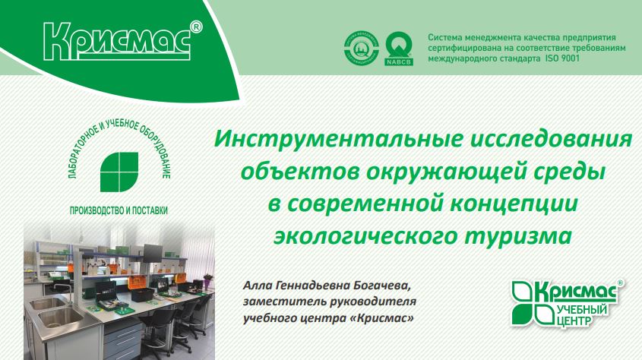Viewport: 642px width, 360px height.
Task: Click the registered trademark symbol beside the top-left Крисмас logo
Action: point(196,27)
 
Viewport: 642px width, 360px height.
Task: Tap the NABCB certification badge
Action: point(399,49)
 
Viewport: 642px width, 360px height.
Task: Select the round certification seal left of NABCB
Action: point(361,49)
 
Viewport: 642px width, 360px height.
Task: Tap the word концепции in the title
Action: point(514,204)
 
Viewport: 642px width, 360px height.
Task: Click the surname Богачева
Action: point(381,285)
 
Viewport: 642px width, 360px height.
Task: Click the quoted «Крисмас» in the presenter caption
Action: point(382,318)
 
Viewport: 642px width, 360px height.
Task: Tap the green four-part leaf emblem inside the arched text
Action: point(119,172)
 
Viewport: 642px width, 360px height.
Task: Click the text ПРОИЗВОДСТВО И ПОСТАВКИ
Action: point(119,210)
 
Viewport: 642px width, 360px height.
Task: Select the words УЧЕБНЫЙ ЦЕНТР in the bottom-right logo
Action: point(582,315)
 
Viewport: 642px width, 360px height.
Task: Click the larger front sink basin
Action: point(62,317)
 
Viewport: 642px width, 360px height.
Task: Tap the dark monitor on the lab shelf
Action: point(153,253)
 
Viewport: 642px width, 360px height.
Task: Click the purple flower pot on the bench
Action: point(208,282)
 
